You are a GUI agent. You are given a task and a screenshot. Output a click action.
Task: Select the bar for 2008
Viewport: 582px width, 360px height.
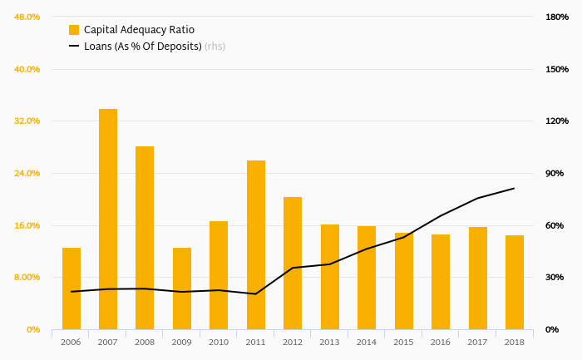pos(145,238)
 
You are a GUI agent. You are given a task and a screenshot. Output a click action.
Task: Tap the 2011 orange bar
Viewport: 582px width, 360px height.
pos(256,244)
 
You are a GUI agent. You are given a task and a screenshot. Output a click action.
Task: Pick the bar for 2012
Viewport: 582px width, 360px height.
pos(293,263)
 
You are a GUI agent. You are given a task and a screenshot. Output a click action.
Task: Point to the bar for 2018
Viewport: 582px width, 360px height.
pos(515,282)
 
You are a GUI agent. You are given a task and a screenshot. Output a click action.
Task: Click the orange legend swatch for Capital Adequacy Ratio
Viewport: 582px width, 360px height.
pos(74,30)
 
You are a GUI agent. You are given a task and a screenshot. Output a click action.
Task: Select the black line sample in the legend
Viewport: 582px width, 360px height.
pos(74,47)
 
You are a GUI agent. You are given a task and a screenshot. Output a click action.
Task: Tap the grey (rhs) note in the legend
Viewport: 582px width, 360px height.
pos(215,47)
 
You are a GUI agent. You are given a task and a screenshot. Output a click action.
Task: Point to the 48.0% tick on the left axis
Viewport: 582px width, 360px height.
pos(27,17)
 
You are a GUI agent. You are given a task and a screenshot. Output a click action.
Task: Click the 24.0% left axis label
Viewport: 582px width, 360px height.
pos(27,173)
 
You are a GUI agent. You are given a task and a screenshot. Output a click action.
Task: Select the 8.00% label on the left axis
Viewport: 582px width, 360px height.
pos(27,277)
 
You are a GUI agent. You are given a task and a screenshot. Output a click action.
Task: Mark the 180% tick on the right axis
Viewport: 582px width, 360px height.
pos(557,17)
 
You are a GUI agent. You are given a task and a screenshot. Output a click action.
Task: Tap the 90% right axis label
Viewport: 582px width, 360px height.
pos(555,173)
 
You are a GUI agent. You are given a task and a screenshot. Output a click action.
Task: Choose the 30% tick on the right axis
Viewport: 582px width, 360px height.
pos(555,277)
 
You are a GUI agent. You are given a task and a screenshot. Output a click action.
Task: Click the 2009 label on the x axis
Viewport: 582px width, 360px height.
pos(182,342)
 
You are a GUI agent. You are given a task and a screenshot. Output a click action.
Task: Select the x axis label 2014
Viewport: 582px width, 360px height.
pos(367,342)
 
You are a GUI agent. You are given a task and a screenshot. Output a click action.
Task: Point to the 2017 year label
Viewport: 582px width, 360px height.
pos(477,342)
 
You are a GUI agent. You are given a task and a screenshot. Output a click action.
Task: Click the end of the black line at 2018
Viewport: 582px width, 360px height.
pos(515,188)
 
